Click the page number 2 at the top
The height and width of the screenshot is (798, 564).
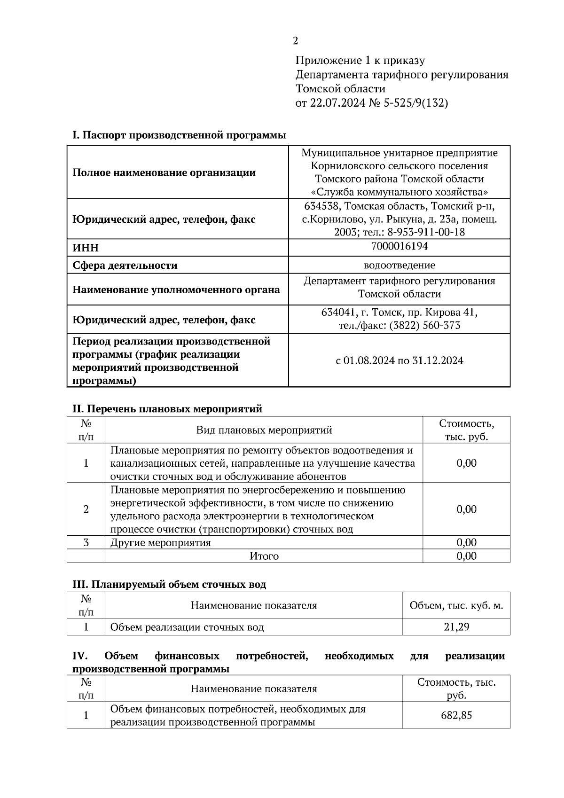(295, 41)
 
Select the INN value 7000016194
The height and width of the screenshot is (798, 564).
(399, 246)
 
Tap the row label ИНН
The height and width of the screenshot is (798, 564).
(86, 248)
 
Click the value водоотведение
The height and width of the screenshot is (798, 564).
(399, 265)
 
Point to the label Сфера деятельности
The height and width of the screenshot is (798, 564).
(125, 265)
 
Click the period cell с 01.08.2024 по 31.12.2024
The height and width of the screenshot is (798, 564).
(399, 360)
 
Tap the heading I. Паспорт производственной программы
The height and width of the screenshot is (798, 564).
(179, 135)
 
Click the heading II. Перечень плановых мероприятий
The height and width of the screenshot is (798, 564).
(167, 409)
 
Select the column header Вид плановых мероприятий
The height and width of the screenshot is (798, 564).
(264, 430)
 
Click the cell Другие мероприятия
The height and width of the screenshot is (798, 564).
(160, 543)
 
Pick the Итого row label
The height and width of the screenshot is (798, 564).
(264, 556)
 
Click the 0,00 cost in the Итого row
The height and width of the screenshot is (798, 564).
(466, 556)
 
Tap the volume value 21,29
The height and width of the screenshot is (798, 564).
(456, 627)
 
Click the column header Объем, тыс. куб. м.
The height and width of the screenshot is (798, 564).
(456, 605)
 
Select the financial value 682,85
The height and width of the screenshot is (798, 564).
(456, 715)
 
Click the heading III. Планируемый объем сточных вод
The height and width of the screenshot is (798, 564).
(169, 585)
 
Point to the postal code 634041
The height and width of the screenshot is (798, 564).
(337, 313)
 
